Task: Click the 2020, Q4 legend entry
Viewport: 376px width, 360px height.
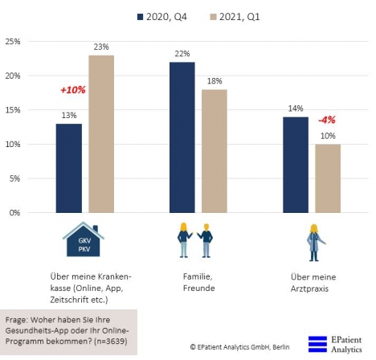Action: point(162,17)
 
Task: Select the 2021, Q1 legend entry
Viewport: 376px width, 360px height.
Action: point(235,17)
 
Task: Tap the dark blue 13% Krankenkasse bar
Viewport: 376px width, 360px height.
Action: point(69,168)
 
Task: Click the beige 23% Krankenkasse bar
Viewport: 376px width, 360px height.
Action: point(101,134)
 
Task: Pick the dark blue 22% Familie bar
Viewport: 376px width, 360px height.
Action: point(182,137)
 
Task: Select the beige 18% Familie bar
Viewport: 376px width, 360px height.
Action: point(215,151)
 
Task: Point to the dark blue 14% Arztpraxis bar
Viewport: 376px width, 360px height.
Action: point(296,165)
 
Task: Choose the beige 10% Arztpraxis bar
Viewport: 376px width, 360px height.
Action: point(328,178)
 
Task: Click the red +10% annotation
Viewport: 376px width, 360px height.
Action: point(73,90)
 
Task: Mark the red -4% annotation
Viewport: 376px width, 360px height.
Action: point(327,120)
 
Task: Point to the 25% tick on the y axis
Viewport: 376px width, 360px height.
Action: point(13,42)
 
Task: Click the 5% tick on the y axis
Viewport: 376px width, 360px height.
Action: point(14,178)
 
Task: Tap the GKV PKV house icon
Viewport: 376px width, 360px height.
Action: point(84,239)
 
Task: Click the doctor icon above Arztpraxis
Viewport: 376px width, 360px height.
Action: point(315,243)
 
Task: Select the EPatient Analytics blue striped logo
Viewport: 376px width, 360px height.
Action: point(317,344)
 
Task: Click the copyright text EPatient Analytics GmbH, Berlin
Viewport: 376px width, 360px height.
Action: point(240,347)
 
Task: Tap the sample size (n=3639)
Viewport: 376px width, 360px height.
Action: point(111,342)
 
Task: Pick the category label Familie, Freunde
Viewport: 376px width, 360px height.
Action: point(198,282)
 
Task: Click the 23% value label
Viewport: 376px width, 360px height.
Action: point(101,47)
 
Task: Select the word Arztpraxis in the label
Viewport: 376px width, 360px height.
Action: point(309,288)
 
